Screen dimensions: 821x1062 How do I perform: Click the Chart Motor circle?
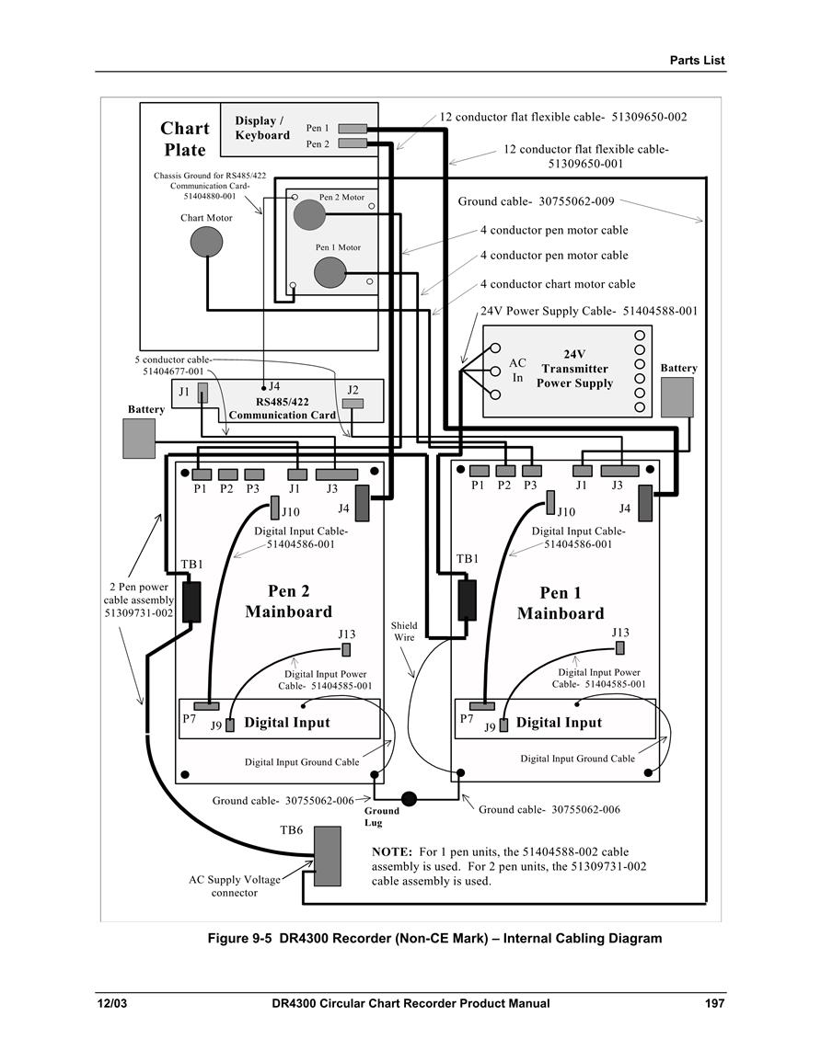(x=206, y=242)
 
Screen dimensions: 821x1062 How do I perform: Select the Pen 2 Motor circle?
(x=309, y=215)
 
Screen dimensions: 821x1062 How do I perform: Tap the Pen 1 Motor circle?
(x=330, y=272)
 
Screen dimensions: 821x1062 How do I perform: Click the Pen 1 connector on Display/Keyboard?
(x=353, y=128)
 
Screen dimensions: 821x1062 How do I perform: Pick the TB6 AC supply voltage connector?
(x=328, y=856)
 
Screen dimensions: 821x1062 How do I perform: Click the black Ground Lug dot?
(x=409, y=798)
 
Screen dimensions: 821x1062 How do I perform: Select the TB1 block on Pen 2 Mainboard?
(x=191, y=601)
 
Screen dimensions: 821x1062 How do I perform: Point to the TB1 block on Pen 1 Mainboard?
(x=468, y=600)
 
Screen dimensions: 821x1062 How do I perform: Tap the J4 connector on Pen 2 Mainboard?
(x=362, y=503)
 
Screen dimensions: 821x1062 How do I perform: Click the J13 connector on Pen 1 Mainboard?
(x=619, y=648)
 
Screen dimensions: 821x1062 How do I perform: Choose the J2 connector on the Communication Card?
(x=353, y=404)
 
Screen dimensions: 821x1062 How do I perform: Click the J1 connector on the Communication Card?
(x=202, y=394)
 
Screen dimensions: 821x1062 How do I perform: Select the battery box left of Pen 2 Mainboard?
(x=139, y=439)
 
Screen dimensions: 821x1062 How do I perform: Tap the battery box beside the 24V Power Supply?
(x=677, y=397)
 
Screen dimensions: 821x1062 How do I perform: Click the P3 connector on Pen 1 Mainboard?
(x=532, y=471)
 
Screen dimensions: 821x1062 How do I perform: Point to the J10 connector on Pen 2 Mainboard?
(x=274, y=508)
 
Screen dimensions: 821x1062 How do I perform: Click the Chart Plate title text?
(x=185, y=139)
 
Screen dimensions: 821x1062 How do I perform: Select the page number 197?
(x=714, y=1003)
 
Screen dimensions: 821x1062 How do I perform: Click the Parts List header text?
(x=697, y=61)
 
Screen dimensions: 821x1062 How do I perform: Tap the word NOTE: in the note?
(x=392, y=851)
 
